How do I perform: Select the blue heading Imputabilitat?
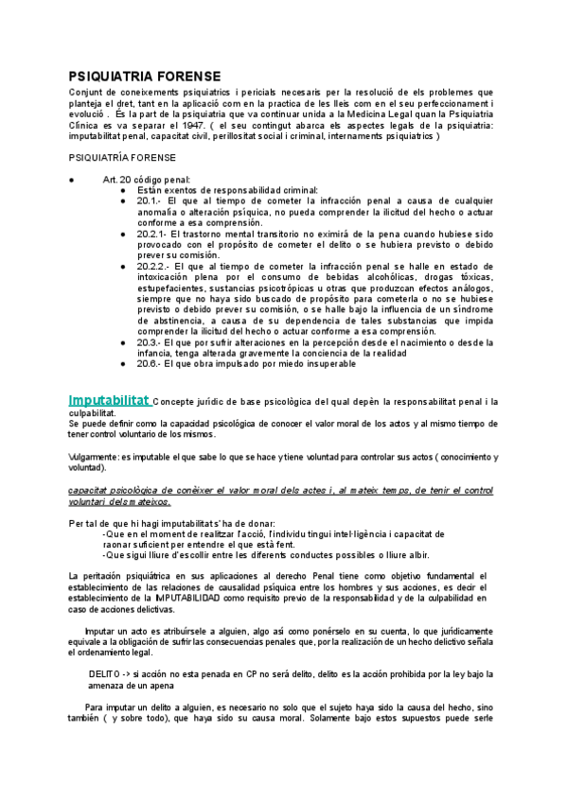click(x=109, y=401)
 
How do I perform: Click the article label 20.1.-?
click(x=150, y=201)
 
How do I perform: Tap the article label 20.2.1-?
click(x=153, y=234)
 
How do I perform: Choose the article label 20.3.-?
click(x=150, y=341)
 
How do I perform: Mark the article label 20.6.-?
click(x=150, y=363)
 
